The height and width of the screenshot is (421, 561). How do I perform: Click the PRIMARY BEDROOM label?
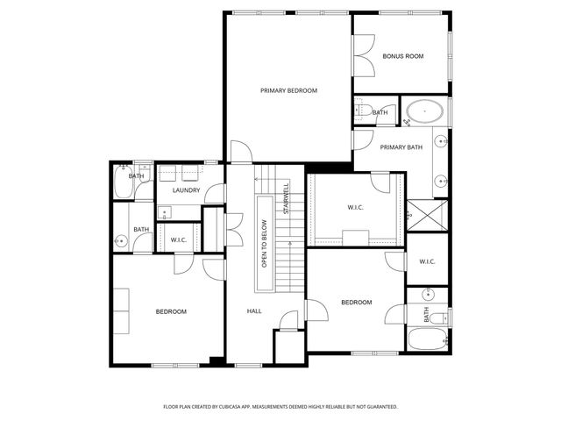(288, 90)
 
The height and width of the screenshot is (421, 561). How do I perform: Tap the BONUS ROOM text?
(402, 56)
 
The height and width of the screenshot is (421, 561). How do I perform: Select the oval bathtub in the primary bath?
(425, 112)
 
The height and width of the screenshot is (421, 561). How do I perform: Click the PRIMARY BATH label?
(401, 147)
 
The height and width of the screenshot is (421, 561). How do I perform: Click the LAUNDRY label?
(186, 190)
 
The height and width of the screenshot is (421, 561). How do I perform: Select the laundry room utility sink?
(165, 212)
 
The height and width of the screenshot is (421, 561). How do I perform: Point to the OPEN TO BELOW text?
(264, 244)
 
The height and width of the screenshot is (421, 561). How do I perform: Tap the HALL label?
(254, 311)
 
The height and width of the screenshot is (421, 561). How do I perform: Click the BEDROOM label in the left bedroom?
(171, 311)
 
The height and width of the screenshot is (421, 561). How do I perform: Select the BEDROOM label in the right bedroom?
(356, 303)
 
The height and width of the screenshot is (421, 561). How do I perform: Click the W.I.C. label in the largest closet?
(355, 208)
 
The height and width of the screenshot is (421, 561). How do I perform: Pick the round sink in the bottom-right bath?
(428, 294)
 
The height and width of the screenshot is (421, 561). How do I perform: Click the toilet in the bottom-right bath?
(442, 317)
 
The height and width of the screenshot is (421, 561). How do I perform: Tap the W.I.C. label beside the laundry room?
(179, 239)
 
